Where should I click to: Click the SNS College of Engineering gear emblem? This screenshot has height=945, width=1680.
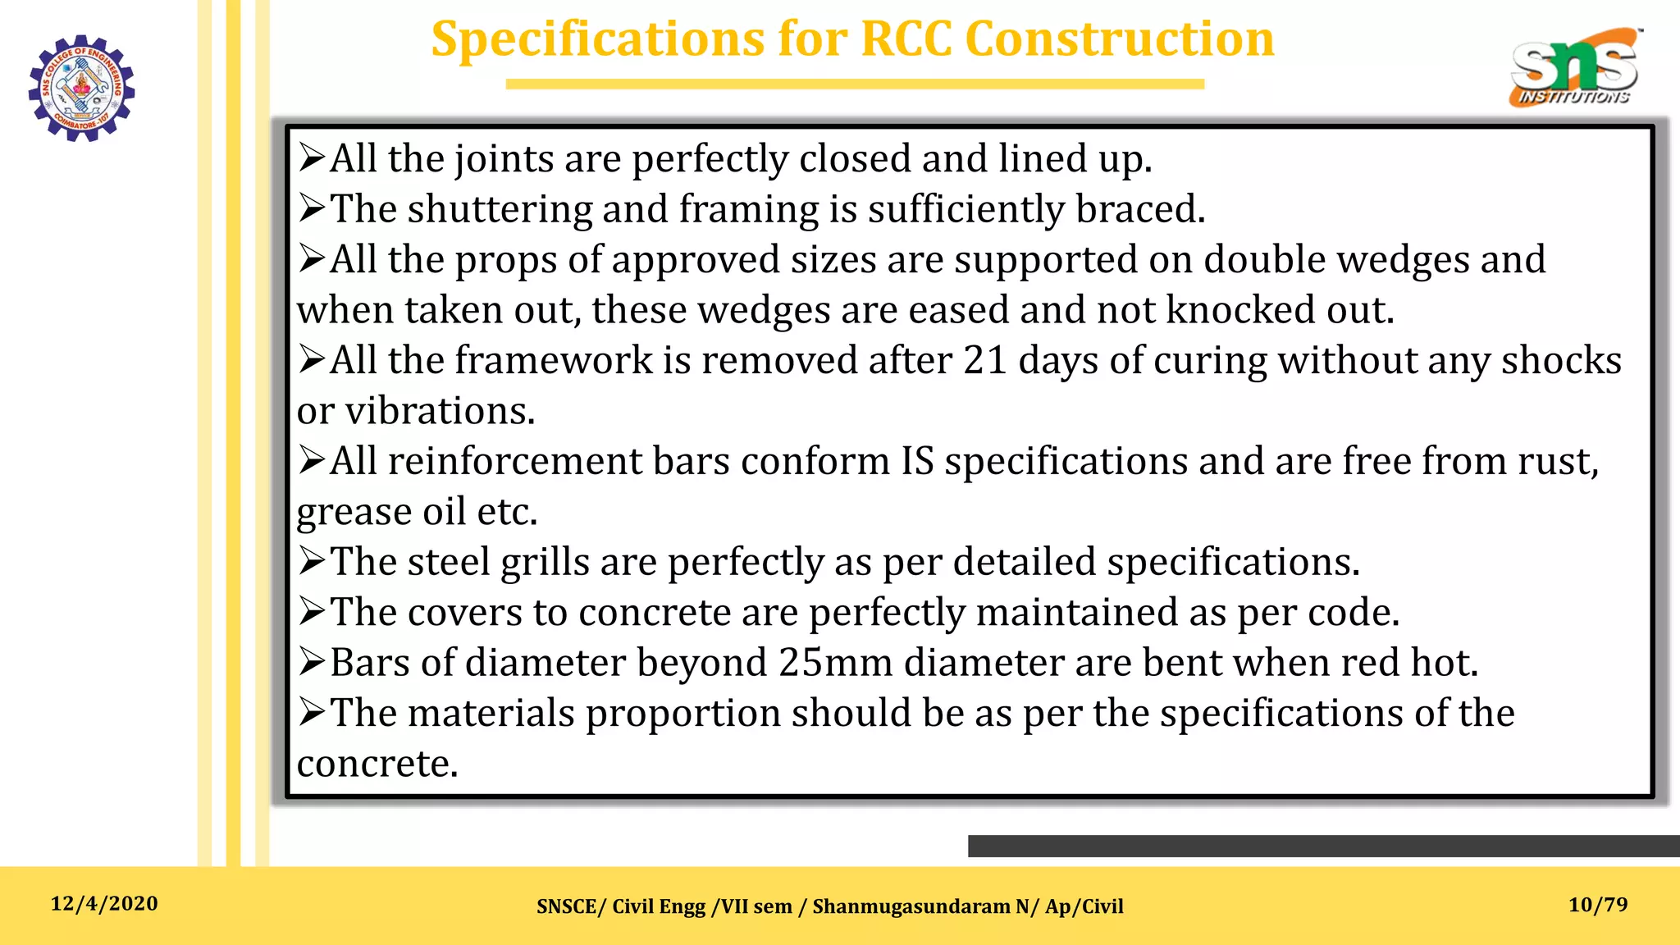81,88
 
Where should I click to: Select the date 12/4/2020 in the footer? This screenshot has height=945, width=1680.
104,904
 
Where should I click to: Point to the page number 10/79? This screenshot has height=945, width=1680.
1598,905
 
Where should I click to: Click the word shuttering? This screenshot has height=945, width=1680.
500,210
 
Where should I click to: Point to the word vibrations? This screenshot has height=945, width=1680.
440,411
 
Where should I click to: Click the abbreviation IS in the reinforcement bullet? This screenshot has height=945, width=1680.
917,462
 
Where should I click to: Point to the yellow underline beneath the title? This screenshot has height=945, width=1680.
855,84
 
